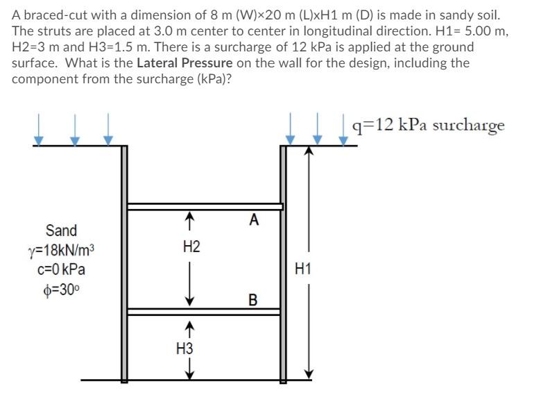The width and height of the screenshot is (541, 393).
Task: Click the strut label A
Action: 254,221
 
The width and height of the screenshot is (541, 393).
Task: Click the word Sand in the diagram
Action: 61,231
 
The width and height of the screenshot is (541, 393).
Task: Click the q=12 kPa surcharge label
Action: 429,125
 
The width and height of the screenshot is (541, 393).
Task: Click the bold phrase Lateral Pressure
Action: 184,64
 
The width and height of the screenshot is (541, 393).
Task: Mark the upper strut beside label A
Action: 205,206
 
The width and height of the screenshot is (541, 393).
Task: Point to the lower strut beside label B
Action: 204,312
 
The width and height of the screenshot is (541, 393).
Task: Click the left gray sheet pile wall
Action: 125,264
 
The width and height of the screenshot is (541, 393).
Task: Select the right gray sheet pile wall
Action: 283,264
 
